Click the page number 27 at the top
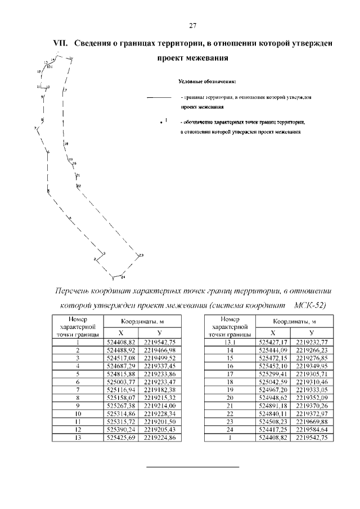coord(192,26)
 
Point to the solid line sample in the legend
coord(159,98)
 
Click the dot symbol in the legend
coord(161,121)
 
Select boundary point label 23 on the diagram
coord(141,255)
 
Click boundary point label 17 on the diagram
coord(65,90)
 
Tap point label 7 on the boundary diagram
coord(35,129)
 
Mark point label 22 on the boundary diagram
coord(79,186)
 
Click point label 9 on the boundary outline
coord(42,97)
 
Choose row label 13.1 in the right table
coord(228,341)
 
